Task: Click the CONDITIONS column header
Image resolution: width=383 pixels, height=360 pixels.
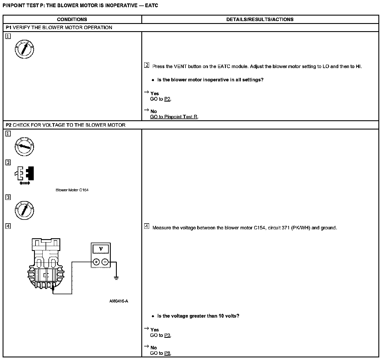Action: tap(72, 20)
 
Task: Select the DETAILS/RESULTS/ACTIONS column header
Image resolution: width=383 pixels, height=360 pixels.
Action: tap(260, 20)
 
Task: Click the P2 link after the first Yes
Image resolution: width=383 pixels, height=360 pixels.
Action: tap(167, 99)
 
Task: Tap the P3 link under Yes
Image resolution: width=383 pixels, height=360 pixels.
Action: tap(167, 335)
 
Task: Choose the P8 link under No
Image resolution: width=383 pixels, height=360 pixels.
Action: tap(167, 353)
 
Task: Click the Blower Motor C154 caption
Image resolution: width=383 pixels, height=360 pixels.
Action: tap(72, 190)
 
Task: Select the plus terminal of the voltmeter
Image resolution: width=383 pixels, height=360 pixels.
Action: tap(96, 262)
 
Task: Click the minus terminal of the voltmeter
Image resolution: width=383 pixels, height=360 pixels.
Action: tap(105, 262)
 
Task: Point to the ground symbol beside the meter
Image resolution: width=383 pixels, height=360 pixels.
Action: tap(116, 278)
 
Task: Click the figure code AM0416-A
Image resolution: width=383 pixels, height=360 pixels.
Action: tap(119, 301)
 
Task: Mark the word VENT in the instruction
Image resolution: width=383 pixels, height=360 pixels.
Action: tap(180, 66)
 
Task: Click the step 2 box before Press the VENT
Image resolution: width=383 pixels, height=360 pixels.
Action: tap(147, 65)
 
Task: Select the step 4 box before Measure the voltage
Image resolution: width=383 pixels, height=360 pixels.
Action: tap(147, 226)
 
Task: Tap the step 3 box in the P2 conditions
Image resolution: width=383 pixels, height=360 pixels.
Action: tap(8, 197)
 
